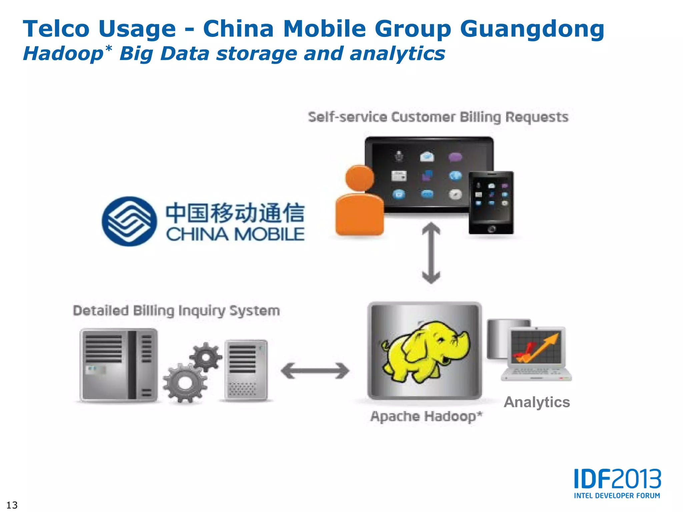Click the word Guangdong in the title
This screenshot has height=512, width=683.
pyautogui.click(x=532, y=29)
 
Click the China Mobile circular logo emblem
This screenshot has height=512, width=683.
pyautogui.click(x=129, y=221)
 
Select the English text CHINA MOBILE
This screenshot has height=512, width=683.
pyautogui.click(x=235, y=234)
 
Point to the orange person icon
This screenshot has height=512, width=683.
pyautogui.click(x=359, y=202)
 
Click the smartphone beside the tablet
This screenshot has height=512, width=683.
pyautogui.click(x=491, y=202)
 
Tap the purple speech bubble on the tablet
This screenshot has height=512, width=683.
pyautogui.click(x=455, y=157)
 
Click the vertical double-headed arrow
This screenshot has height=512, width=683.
pyautogui.click(x=431, y=253)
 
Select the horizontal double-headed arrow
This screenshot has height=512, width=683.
pyautogui.click(x=315, y=371)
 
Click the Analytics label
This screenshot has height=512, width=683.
pyautogui.click(x=537, y=402)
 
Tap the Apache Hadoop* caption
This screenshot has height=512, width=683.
pyautogui.click(x=426, y=417)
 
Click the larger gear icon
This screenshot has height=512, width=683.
pyautogui.click(x=185, y=383)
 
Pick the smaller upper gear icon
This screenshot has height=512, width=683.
pyautogui.click(x=206, y=357)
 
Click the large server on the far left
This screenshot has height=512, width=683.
pyautogui.click(x=118, y=365)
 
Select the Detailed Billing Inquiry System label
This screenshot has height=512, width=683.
pyautogui.click(x=176, y=311)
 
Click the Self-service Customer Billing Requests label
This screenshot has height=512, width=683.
pyautogui.click(x=438, y=117)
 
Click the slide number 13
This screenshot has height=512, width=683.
pyautogui.click(x=12, y=505)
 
